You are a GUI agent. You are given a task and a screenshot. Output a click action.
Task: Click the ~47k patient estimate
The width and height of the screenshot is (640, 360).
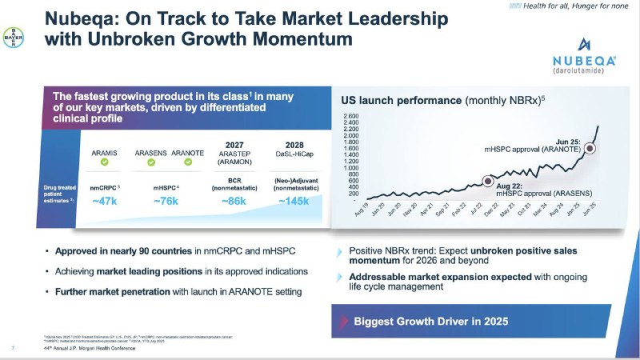coord(105,201)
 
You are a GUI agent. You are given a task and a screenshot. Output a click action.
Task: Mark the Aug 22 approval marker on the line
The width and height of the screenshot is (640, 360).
coord(489,181)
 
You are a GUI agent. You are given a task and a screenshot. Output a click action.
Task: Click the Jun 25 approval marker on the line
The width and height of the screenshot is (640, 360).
coord(590,147)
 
